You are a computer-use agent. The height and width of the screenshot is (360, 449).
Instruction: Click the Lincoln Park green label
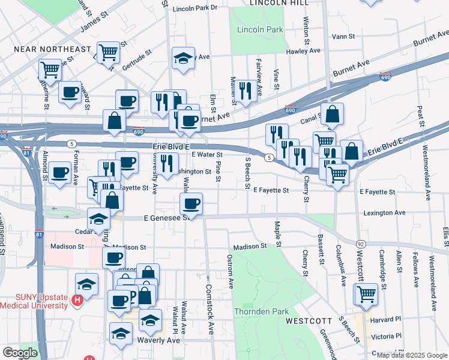259,29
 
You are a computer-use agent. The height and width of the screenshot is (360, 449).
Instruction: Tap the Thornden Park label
261,311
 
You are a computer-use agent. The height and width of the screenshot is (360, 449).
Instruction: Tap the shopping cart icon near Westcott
366,294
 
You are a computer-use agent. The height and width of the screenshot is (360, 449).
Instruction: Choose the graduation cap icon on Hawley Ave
183,58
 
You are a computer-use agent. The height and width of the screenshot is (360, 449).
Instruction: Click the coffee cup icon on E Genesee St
191,204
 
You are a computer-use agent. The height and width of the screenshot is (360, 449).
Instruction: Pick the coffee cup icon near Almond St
60,173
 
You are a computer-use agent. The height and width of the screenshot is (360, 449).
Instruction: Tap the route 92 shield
361,244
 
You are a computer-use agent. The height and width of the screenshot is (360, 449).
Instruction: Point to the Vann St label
343,37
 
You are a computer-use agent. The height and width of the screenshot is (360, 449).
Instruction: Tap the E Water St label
207,155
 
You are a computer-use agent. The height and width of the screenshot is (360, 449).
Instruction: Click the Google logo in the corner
20,353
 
